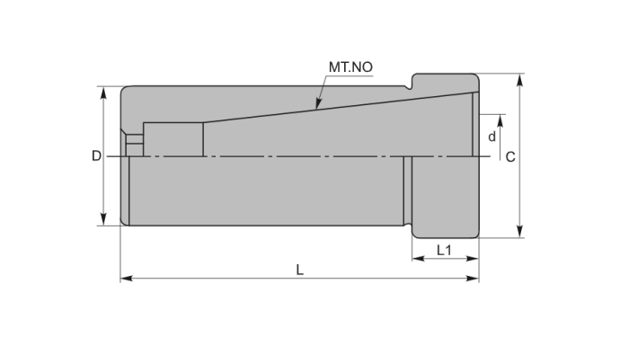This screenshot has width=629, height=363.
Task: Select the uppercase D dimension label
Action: (x=96, y=155)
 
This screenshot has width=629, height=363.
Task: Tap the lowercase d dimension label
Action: (x=492, y=137)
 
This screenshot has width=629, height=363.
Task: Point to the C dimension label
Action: (x=509, y=156)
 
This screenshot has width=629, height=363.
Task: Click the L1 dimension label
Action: (x=443, y=249)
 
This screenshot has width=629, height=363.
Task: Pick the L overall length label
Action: (x=299, y=269)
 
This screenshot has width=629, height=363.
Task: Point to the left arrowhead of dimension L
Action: (x=123, y=279)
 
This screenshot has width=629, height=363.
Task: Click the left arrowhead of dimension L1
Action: (x=414, y=259)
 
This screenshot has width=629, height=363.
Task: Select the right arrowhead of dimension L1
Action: (x=476, y=259)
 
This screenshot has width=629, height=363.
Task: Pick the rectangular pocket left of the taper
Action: (x=173, y=138)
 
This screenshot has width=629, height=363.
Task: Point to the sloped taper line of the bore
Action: (x=341, y=105)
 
